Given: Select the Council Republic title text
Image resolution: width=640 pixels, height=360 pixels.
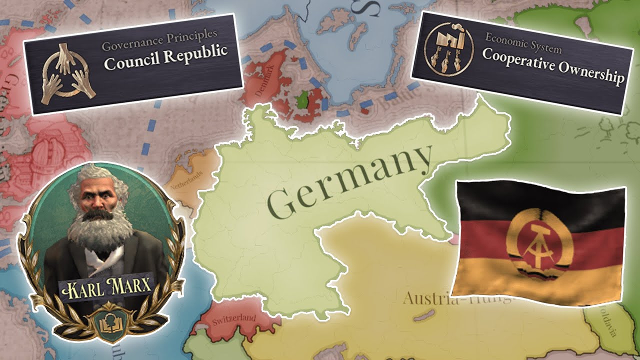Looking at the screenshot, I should [165, 52].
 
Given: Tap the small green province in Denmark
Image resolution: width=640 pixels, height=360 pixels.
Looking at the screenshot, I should [301, 100].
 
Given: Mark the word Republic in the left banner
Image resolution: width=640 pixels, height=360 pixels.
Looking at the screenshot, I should [198, 51].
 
